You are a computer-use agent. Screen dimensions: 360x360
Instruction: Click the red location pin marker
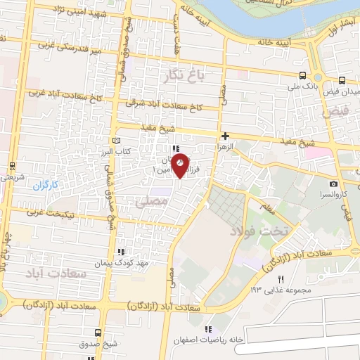click(x=181, y=165)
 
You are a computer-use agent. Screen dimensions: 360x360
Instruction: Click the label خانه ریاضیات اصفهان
click(x=243, y=339)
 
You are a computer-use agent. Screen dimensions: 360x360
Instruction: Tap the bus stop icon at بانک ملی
click(x=302, y=76)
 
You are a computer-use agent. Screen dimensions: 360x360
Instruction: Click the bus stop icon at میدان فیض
click(x=342, y=80)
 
